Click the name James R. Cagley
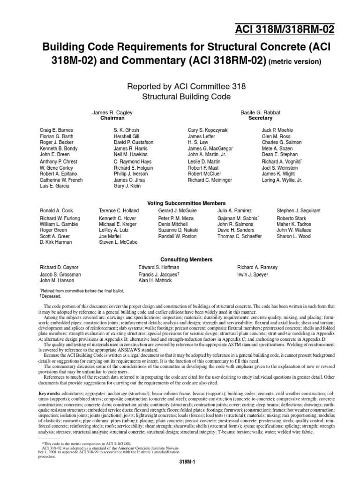coord(112,112)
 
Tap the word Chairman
coord(112,119)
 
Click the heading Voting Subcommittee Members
coord(187,203)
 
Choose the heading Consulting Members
coord(187,259)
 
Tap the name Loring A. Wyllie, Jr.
coord(282,180)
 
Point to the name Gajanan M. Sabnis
coord(237,218)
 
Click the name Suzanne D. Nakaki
coord(178,230)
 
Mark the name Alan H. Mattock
coord(155,280)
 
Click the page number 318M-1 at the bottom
coord(187,462)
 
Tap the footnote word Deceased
coord(53,297)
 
